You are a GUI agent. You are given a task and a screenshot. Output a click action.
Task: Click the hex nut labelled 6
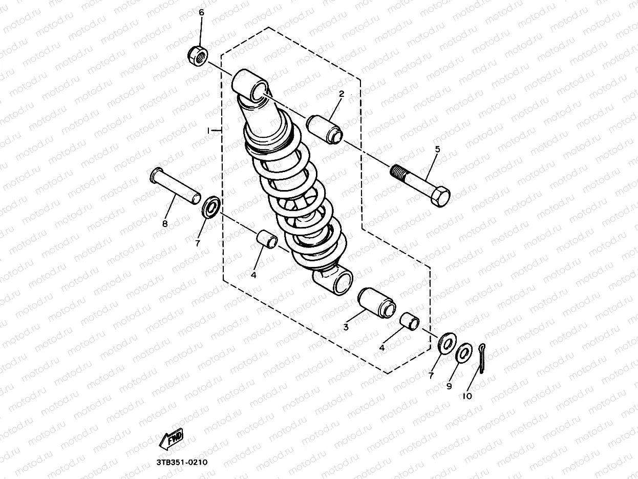(x=197, y=55)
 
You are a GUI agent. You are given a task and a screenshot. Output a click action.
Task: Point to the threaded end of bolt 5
(x=400, y=172)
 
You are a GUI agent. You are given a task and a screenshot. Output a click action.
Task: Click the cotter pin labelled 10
(x=483, y=356)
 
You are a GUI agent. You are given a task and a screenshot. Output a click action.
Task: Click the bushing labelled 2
(x=325, y=128)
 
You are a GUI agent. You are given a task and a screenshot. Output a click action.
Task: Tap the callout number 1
(x=208, y=131)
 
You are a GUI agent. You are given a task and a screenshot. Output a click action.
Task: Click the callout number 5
(x=437, y=150)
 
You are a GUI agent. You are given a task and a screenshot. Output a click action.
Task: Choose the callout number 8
(x=164, y=223)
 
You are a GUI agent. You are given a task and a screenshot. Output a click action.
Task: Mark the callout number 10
(x=467, y=395)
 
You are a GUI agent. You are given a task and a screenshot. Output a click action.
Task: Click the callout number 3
(x=346, y=327)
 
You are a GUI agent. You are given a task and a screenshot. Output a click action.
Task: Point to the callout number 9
(x=449, y=387)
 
